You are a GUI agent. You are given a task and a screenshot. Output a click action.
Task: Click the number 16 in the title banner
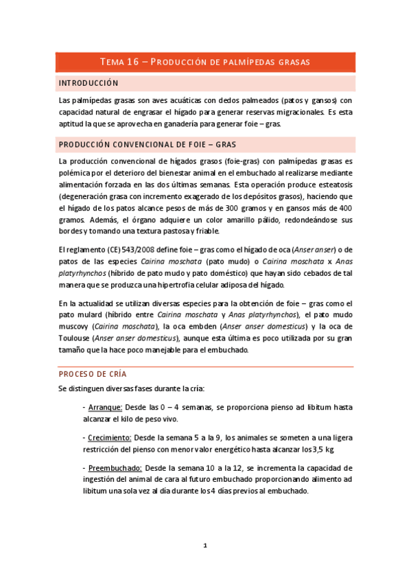coord(131,62)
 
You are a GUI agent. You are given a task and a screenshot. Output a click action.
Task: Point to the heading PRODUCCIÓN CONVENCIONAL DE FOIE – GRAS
coord(148,145)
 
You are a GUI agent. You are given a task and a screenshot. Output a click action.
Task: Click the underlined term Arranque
coord(105,407)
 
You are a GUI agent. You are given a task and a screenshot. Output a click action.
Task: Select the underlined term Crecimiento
coord(110,437)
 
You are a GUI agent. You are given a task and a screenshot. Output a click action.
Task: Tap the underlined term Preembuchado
coord(114,467)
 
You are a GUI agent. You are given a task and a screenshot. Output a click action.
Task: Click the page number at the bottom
coord(205,546)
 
